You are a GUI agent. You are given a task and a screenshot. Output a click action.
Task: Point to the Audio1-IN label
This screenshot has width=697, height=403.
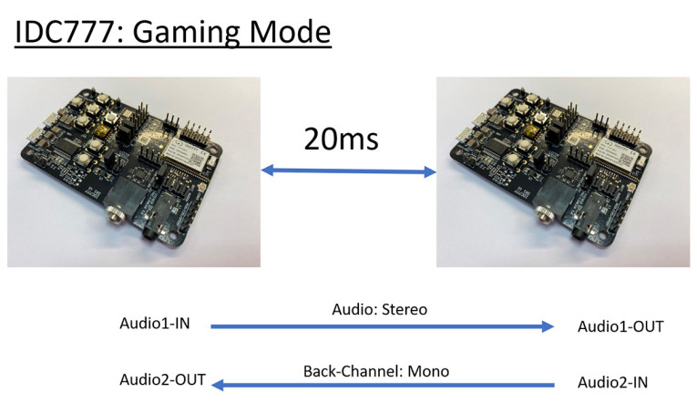point(154,325)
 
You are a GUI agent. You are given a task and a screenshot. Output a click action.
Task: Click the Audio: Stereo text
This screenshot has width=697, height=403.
point(379,309)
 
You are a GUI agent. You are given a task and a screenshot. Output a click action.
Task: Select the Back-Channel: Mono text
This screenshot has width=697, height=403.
point(375,371)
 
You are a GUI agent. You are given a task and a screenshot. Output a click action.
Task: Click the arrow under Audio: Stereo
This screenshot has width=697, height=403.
point(383,326)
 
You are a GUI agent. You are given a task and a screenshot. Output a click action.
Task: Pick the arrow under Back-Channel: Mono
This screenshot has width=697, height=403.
point(383,386)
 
